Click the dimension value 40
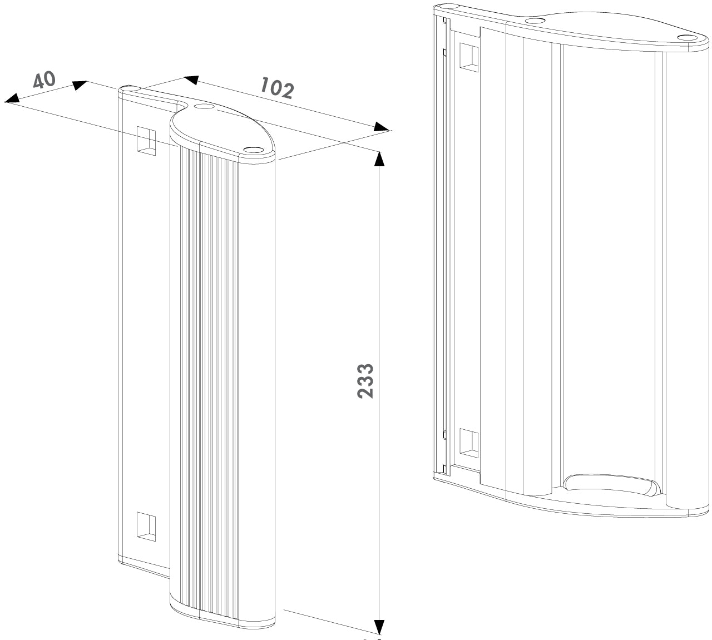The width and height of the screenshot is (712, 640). point(44,80)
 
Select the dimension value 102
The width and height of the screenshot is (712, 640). point(276,88)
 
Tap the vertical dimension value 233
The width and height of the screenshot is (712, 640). point(365,381)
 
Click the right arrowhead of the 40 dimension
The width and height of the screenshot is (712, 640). point(80,85)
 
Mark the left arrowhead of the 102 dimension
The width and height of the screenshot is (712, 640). point(191,80)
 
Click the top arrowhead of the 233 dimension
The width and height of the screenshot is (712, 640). point(379,158)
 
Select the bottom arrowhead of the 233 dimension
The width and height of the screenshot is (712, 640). point(379,627)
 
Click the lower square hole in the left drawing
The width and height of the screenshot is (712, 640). point(147,525)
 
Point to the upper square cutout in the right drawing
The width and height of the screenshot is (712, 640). point(468,58)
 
